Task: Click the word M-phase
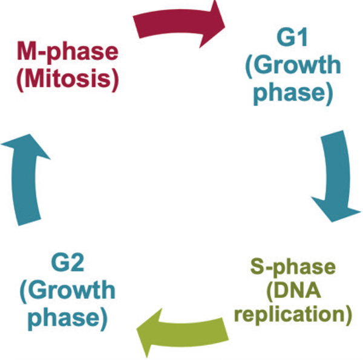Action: [67, 52]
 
